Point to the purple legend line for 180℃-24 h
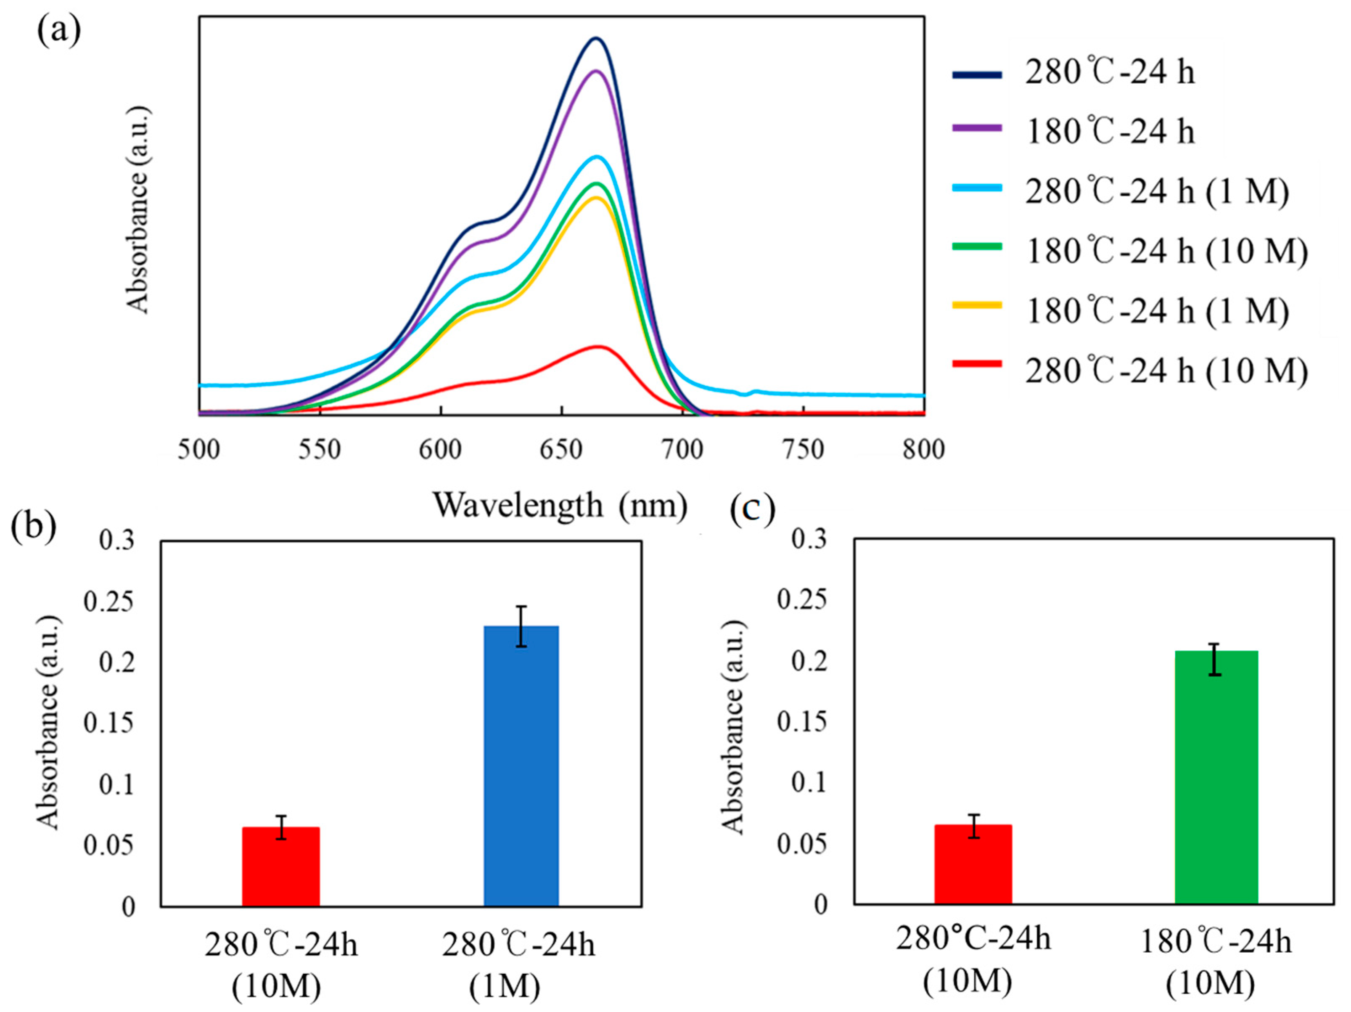pyautogui.click(x=977, y=128)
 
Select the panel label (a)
pyautogui.click(x=58, y=32)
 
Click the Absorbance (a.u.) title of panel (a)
pyautogui.click(x=138, y=211)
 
